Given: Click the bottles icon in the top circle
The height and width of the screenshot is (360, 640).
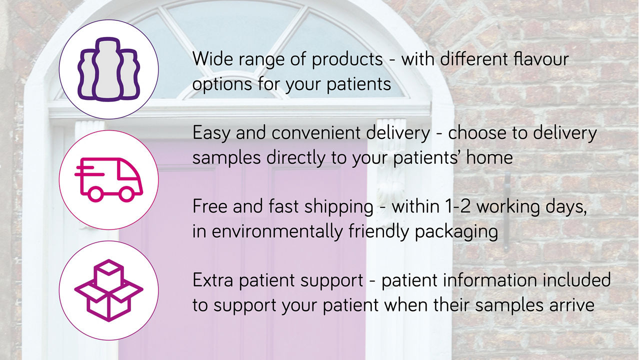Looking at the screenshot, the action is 108,69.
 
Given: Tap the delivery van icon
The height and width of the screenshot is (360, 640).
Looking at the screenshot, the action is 108,179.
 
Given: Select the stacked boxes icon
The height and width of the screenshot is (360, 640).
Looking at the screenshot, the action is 108,290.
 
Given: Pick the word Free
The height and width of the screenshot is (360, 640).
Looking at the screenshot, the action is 210,206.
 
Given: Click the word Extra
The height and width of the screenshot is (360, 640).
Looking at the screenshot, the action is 213,280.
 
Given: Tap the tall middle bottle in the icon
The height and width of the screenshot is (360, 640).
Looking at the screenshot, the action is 107,69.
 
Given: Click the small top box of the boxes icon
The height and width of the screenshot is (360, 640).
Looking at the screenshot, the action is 108,274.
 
